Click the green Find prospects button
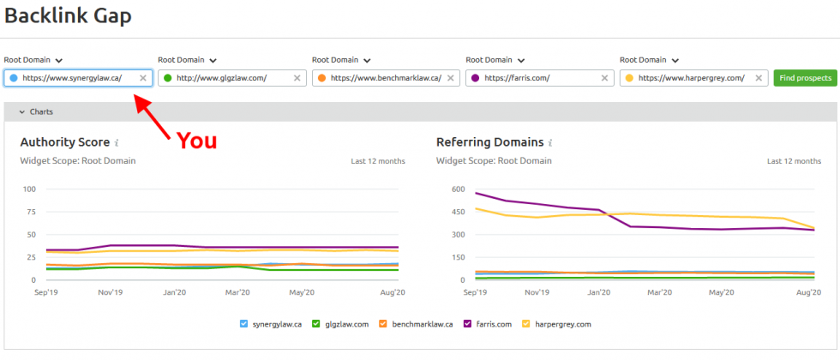tap(805, 78)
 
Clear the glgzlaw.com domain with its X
tap(297, 78)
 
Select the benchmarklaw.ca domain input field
tap(385, 78)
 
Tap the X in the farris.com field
tap(605, 78)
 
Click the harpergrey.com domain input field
tap(691, 78)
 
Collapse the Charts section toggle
tap(37, 111)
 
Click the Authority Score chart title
tap(64, 142)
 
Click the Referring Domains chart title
tap(489, 142)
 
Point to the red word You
tap(196, 141)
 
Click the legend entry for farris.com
tap(491, 324)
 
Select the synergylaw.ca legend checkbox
tap(244, 324)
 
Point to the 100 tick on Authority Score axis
tap(29, 189)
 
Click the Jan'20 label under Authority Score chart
tap(174, 292)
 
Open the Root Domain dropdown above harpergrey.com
tap(649, 60)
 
